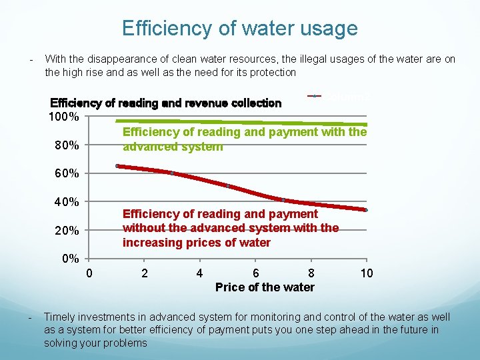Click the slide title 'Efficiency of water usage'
pyautogui.click(x=239, y=29)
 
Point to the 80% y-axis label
pyautogui.click(x=67, y=145)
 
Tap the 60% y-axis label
pyautogui.click(x=67, y=174)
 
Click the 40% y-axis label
pyautogui.click(x=67, y=202)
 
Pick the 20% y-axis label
pyautogui.click(x=67, y=231)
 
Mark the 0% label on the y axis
pyautogui.click(x=70, y=259)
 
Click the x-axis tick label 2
pyautogui.click(x=145, y=273)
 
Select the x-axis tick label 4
pyautogui.click(x=199, y=273)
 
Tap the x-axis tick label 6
pyautogui.click(x=255, y=273)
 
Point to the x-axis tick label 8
pyautogui.click(x=311, y=273)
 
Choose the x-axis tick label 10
pyautogui.click(x=366, y=273)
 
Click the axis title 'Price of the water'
pyautogui.click(x=265, y=287)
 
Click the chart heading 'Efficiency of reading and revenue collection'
pyautogui.click(x=166, y=103)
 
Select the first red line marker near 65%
pyautogui.click(x=117, y=166)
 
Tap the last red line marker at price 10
pyautogui.click(x=366, y=210)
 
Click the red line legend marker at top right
pyautogui.click(x=315, y=96)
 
